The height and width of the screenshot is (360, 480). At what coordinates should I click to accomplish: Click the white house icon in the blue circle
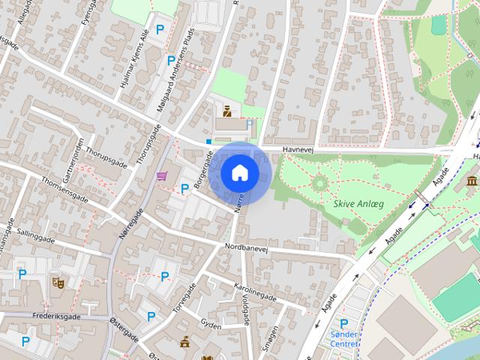point(239,172)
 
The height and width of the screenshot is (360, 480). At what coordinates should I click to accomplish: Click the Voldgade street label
point(244,307)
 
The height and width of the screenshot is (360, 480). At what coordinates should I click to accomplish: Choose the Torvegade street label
point(184,298)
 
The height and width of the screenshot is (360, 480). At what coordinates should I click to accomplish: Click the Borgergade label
point(201,172)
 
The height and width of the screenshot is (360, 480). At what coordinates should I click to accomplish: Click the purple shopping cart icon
point(161,175)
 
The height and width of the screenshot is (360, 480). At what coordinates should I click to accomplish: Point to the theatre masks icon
point(57,282)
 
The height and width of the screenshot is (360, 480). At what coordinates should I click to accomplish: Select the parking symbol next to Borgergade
point(184,188)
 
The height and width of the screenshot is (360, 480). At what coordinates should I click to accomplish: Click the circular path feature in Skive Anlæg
point(320,181)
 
